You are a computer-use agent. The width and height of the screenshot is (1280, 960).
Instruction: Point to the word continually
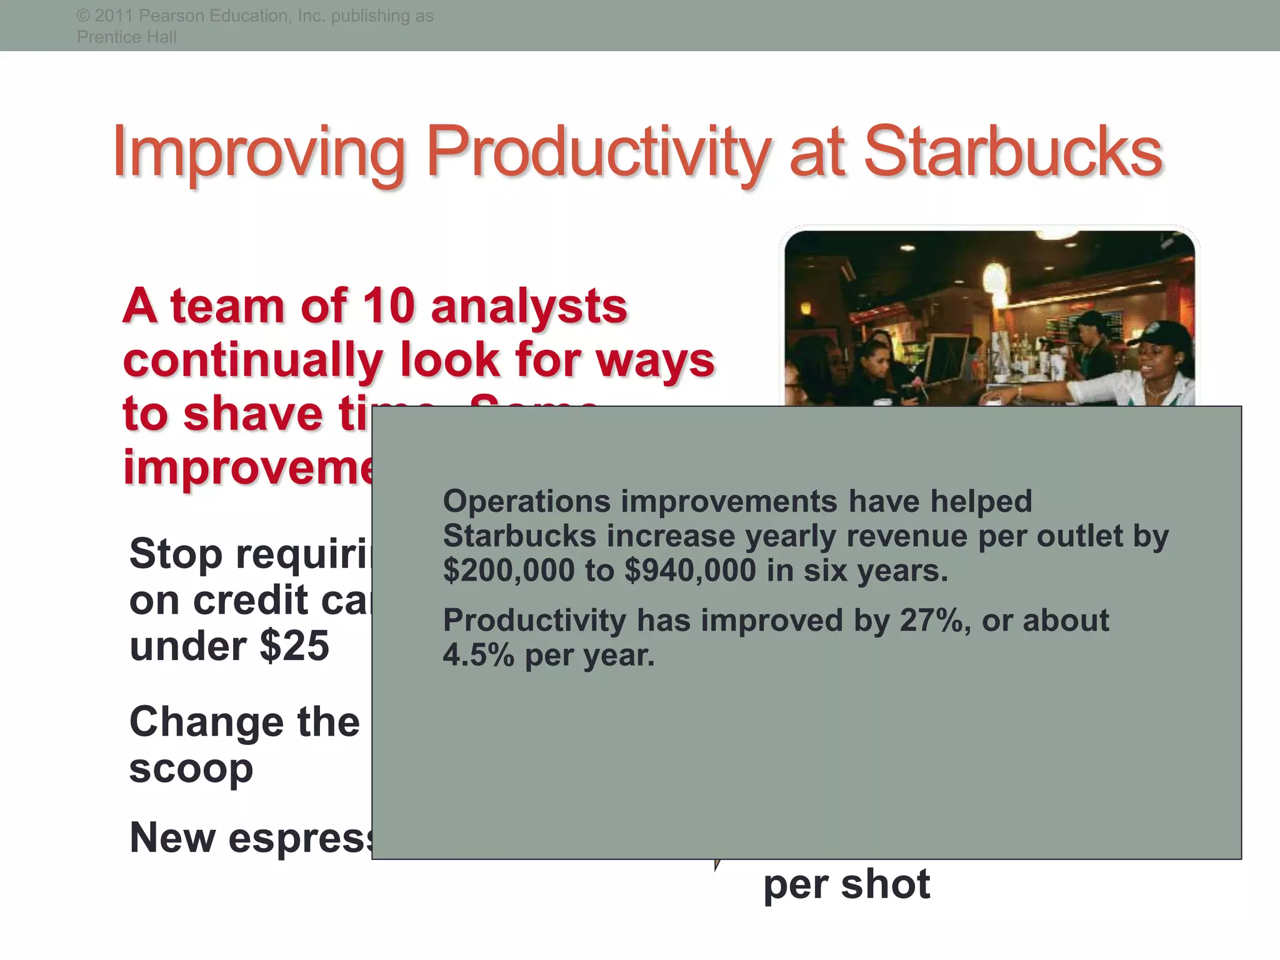(252, 360)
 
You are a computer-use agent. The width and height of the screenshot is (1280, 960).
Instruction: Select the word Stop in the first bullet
(176, 554)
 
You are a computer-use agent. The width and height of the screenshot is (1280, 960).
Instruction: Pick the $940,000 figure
(690, 571)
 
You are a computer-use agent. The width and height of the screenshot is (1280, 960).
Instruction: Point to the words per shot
(846, 884)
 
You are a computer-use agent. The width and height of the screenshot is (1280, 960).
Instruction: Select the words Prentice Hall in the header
(127, 37)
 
